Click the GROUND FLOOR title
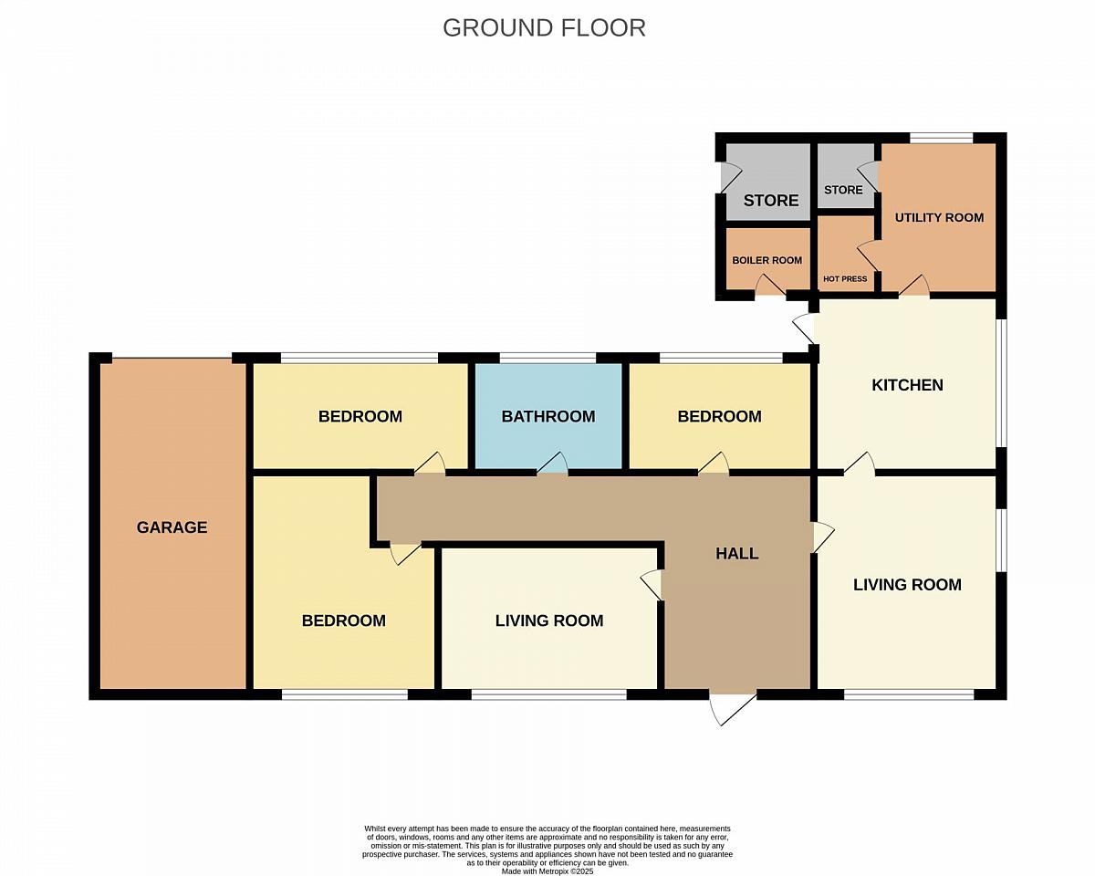click(544, 28)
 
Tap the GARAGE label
click(172, 527)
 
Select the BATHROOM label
click(548, 416)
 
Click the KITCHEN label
click(907, 385)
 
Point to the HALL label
click(736, 553)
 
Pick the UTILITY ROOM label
click(939, 218)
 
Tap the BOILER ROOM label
click(766, 260)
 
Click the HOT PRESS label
click(845, 279)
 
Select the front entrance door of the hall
click(734, 710)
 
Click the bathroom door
click(552, 464)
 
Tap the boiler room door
click(770, 286)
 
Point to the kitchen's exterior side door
click(805, 328)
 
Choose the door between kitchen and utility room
click(914, 286)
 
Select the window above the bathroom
click(547, 358)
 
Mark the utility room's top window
click(942, 138)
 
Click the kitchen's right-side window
click(1001, 383)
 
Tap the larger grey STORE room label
click(771, 201)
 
